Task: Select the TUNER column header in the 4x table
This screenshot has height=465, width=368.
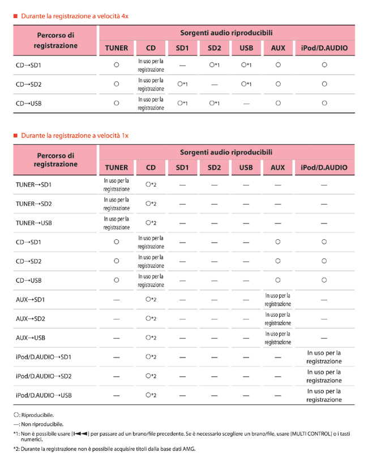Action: [116, 48]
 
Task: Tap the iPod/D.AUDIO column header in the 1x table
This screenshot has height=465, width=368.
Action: [324, 167]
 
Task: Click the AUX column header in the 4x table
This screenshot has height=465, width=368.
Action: [278, 48]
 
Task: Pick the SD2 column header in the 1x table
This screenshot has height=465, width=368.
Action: [214, 167]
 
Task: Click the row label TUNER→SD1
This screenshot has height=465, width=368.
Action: [34, 184]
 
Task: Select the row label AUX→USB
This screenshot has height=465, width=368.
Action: [31, 338]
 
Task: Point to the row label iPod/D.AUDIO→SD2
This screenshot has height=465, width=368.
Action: [43, 376]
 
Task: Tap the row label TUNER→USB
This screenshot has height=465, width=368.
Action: [34, 223]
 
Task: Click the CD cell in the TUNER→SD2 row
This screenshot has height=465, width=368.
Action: [151, 204]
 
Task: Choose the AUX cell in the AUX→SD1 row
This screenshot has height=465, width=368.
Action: [277, 299]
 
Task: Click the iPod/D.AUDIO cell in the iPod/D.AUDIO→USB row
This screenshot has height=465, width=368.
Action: [324, 395]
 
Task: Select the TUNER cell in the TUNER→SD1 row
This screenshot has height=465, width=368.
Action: [116, 184]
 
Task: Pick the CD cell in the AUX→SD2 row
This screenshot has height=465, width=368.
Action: [151, 318]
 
